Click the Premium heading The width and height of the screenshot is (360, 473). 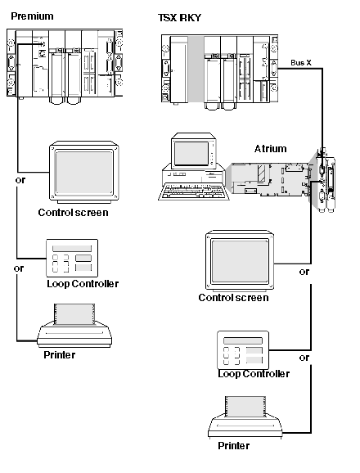tap(32, 16)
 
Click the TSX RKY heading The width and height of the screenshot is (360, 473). tap(179, 18)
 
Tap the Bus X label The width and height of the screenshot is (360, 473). tap(301, 63)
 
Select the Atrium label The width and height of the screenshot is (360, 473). tap(271, 149)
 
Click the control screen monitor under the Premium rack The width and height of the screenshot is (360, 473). tap(84, 173)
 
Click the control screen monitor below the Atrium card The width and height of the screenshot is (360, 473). tap(240, 261)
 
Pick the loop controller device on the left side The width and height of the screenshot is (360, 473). tap(72, 259)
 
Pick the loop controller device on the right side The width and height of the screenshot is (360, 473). tap(243, 350)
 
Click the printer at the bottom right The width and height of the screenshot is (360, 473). tap(245, 418)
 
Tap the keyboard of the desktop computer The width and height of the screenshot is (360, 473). tap(193, 191)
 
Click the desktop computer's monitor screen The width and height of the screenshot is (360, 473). tap(191, 154)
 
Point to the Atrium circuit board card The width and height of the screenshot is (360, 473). tap(270, 179)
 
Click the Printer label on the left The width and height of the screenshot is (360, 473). tap(60, 355)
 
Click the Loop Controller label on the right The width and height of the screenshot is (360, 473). tap(254, 374)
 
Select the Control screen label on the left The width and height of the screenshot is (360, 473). tap(73, 213)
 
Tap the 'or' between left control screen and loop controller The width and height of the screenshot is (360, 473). tap(20, 180)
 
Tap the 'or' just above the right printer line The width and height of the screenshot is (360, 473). tap(304, 358)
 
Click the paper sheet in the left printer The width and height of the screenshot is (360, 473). tap(74, 314)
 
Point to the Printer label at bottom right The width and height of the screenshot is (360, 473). tap(234, 446)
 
